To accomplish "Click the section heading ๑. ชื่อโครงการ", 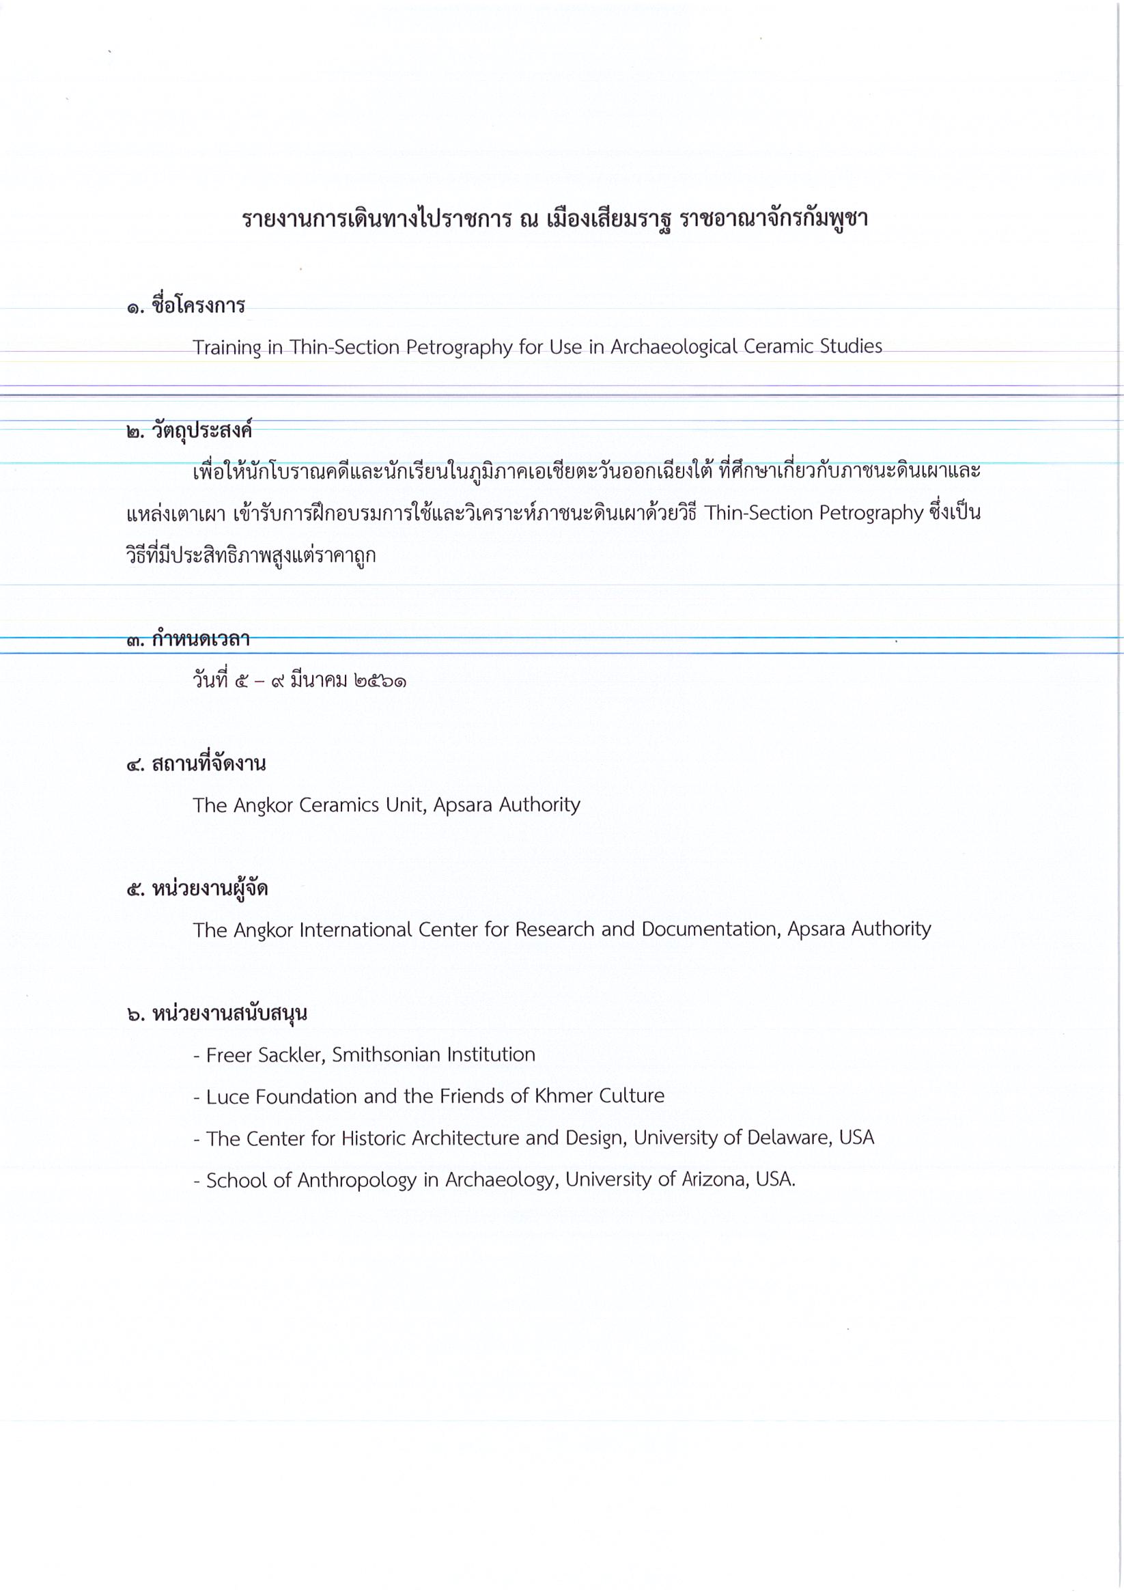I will [x=186, y=306].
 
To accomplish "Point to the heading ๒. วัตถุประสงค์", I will [x=189, y=430].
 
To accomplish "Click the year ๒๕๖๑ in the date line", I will [x=379, y=681].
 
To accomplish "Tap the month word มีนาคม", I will [x=318, y=681].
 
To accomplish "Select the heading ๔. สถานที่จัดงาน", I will [x=196, y=764].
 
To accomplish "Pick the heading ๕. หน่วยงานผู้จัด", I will [x=197, y=889].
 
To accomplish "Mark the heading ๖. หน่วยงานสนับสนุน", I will [x=217, y=1014].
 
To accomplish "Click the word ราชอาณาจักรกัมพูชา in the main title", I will [x=774, y=220].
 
